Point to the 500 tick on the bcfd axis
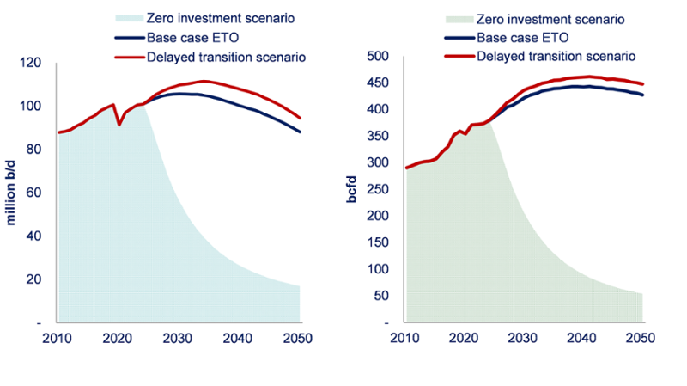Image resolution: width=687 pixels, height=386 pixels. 379,56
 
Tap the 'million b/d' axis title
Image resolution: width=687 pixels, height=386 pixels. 12,190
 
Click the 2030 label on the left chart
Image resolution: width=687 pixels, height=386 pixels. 178,338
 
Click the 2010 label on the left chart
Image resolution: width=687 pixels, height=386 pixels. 57,338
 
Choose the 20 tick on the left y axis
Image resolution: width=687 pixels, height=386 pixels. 36,279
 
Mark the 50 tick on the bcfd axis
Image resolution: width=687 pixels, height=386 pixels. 382,296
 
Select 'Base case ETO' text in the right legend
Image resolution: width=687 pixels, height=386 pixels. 522,38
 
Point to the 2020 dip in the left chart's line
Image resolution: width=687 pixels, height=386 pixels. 119,125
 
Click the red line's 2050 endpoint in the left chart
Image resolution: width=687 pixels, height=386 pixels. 300,118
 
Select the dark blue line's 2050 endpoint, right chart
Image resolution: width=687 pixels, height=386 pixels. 643,95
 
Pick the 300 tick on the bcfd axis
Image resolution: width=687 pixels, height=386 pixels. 379,162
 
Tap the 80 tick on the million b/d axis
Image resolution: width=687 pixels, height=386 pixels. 36,150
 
